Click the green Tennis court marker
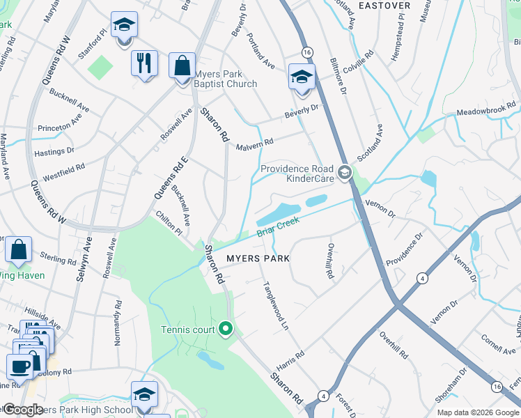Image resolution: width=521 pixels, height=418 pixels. point(225,328)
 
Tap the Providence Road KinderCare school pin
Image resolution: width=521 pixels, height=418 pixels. point(344,172)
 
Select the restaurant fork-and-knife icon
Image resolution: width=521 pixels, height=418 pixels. point(144,63)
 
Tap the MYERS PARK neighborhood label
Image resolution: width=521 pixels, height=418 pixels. point(257,258)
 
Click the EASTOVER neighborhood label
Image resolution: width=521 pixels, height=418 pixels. point(384,5)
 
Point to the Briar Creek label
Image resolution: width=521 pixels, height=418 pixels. point(277,227)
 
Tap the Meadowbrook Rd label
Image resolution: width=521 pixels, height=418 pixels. point(487,109)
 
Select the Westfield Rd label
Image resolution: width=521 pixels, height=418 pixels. point(65,172)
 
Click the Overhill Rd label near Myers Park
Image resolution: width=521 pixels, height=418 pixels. point(329,261)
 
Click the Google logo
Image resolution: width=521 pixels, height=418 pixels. point(24,410)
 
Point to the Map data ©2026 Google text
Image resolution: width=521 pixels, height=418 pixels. point(478,412)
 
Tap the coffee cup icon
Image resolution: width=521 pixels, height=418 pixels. point(19,365)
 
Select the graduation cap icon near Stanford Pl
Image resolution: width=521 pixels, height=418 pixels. point(124,26)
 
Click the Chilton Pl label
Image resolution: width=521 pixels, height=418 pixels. point(169,224)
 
